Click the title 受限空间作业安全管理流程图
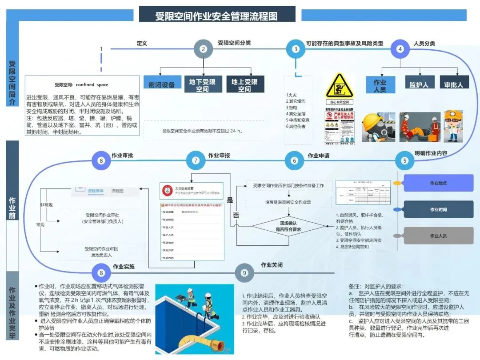[216, 16]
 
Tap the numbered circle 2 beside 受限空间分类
[203, 49]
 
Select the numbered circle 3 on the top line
[296, 49]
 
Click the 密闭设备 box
[162, 84]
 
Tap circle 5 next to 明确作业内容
[404, 161]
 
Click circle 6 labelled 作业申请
[294, 161]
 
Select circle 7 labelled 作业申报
[196, 161]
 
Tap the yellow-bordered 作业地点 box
[438, 183]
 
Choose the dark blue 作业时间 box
[438, 209]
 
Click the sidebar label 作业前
[12, 207]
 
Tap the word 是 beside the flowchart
[230, 200]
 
